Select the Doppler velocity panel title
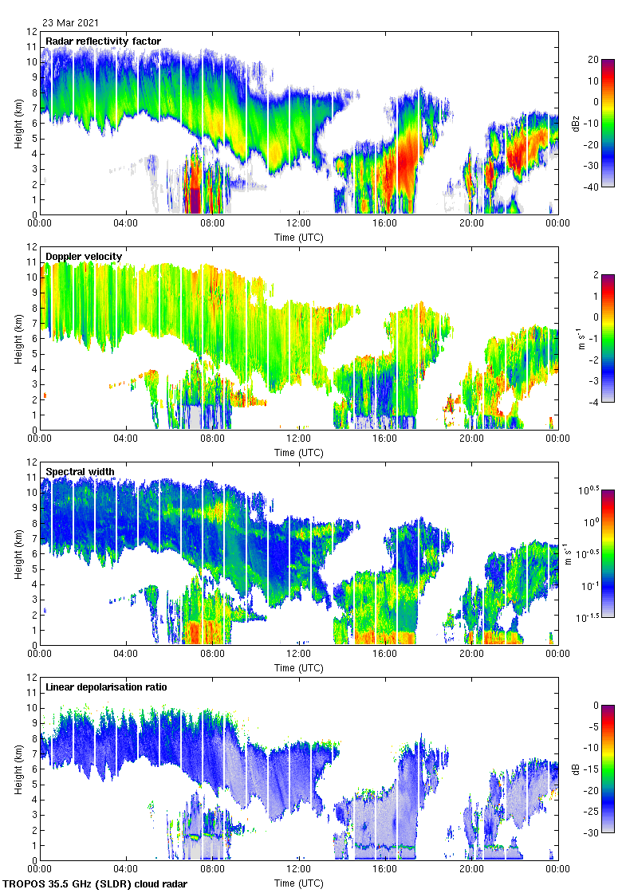coord(84,257)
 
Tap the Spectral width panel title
coord(80,472)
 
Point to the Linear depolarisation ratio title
coord(106,687)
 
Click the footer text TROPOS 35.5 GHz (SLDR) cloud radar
coord(96,884)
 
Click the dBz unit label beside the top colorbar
coord(575,123)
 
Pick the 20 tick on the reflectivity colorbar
coord(593,60)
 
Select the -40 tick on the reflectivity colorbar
coord(594,187)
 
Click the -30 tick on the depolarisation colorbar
coord(594,832)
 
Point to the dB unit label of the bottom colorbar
coord(575,769)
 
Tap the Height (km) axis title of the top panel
coord(18,123)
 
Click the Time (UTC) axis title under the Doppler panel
coord(299,452)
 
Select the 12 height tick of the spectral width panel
coord(31,462)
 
